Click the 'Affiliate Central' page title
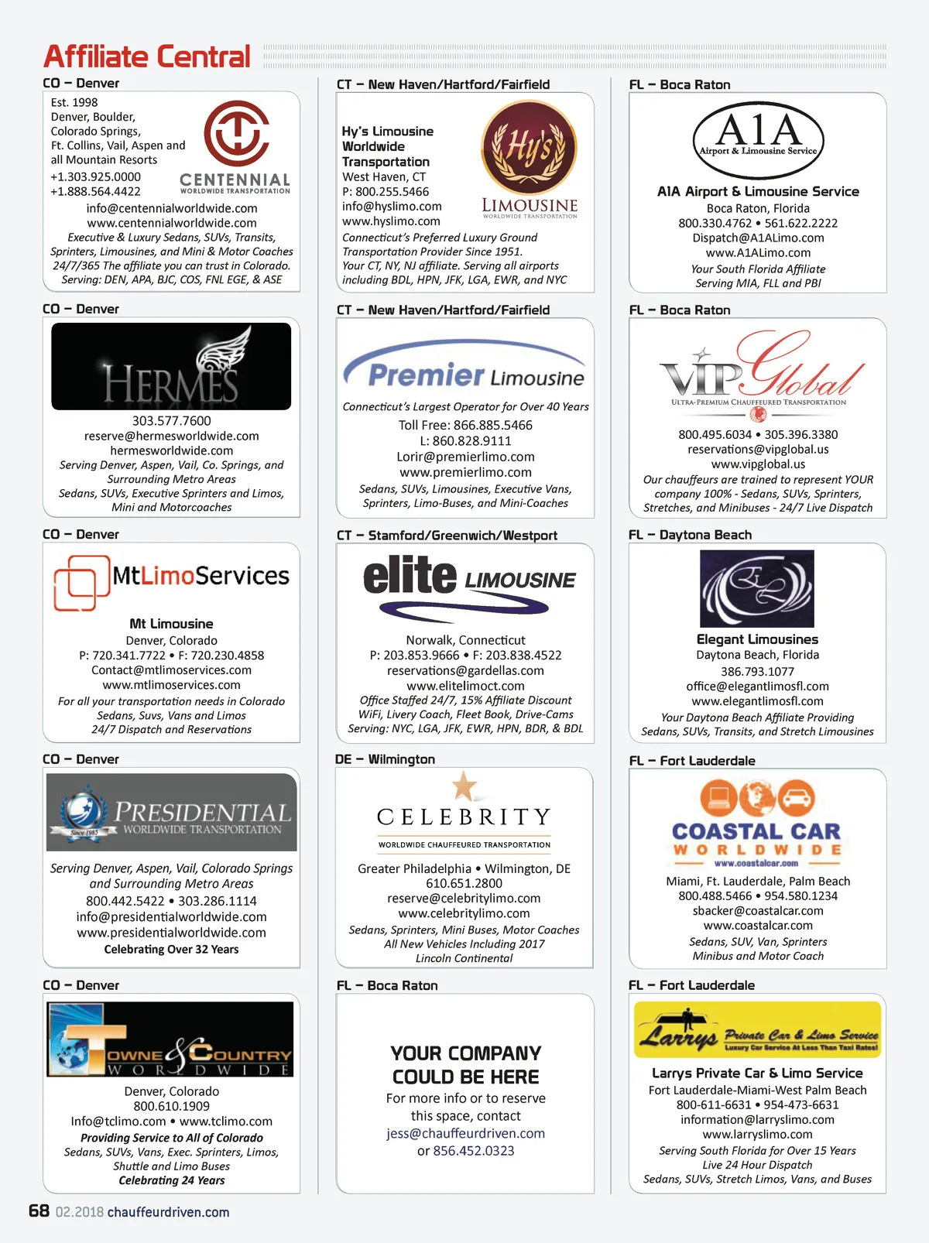coord(147,56)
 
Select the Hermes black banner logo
coord(171,366)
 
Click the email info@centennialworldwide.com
coord(172,208)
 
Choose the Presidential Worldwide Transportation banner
coord(171,813)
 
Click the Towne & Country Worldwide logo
coord(170,1039)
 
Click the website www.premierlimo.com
coord(465,472)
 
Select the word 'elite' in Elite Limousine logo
coord(410,576)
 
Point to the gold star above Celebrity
coord(464,786)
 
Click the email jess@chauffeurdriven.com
coord(465,1133)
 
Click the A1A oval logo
coord(758,140)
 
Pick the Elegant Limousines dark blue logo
coord(756,588)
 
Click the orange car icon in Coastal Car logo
coord(796,797)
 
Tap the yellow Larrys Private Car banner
coord(757,1029)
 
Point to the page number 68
coord(39,1211)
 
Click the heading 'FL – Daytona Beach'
coord(691,535)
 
